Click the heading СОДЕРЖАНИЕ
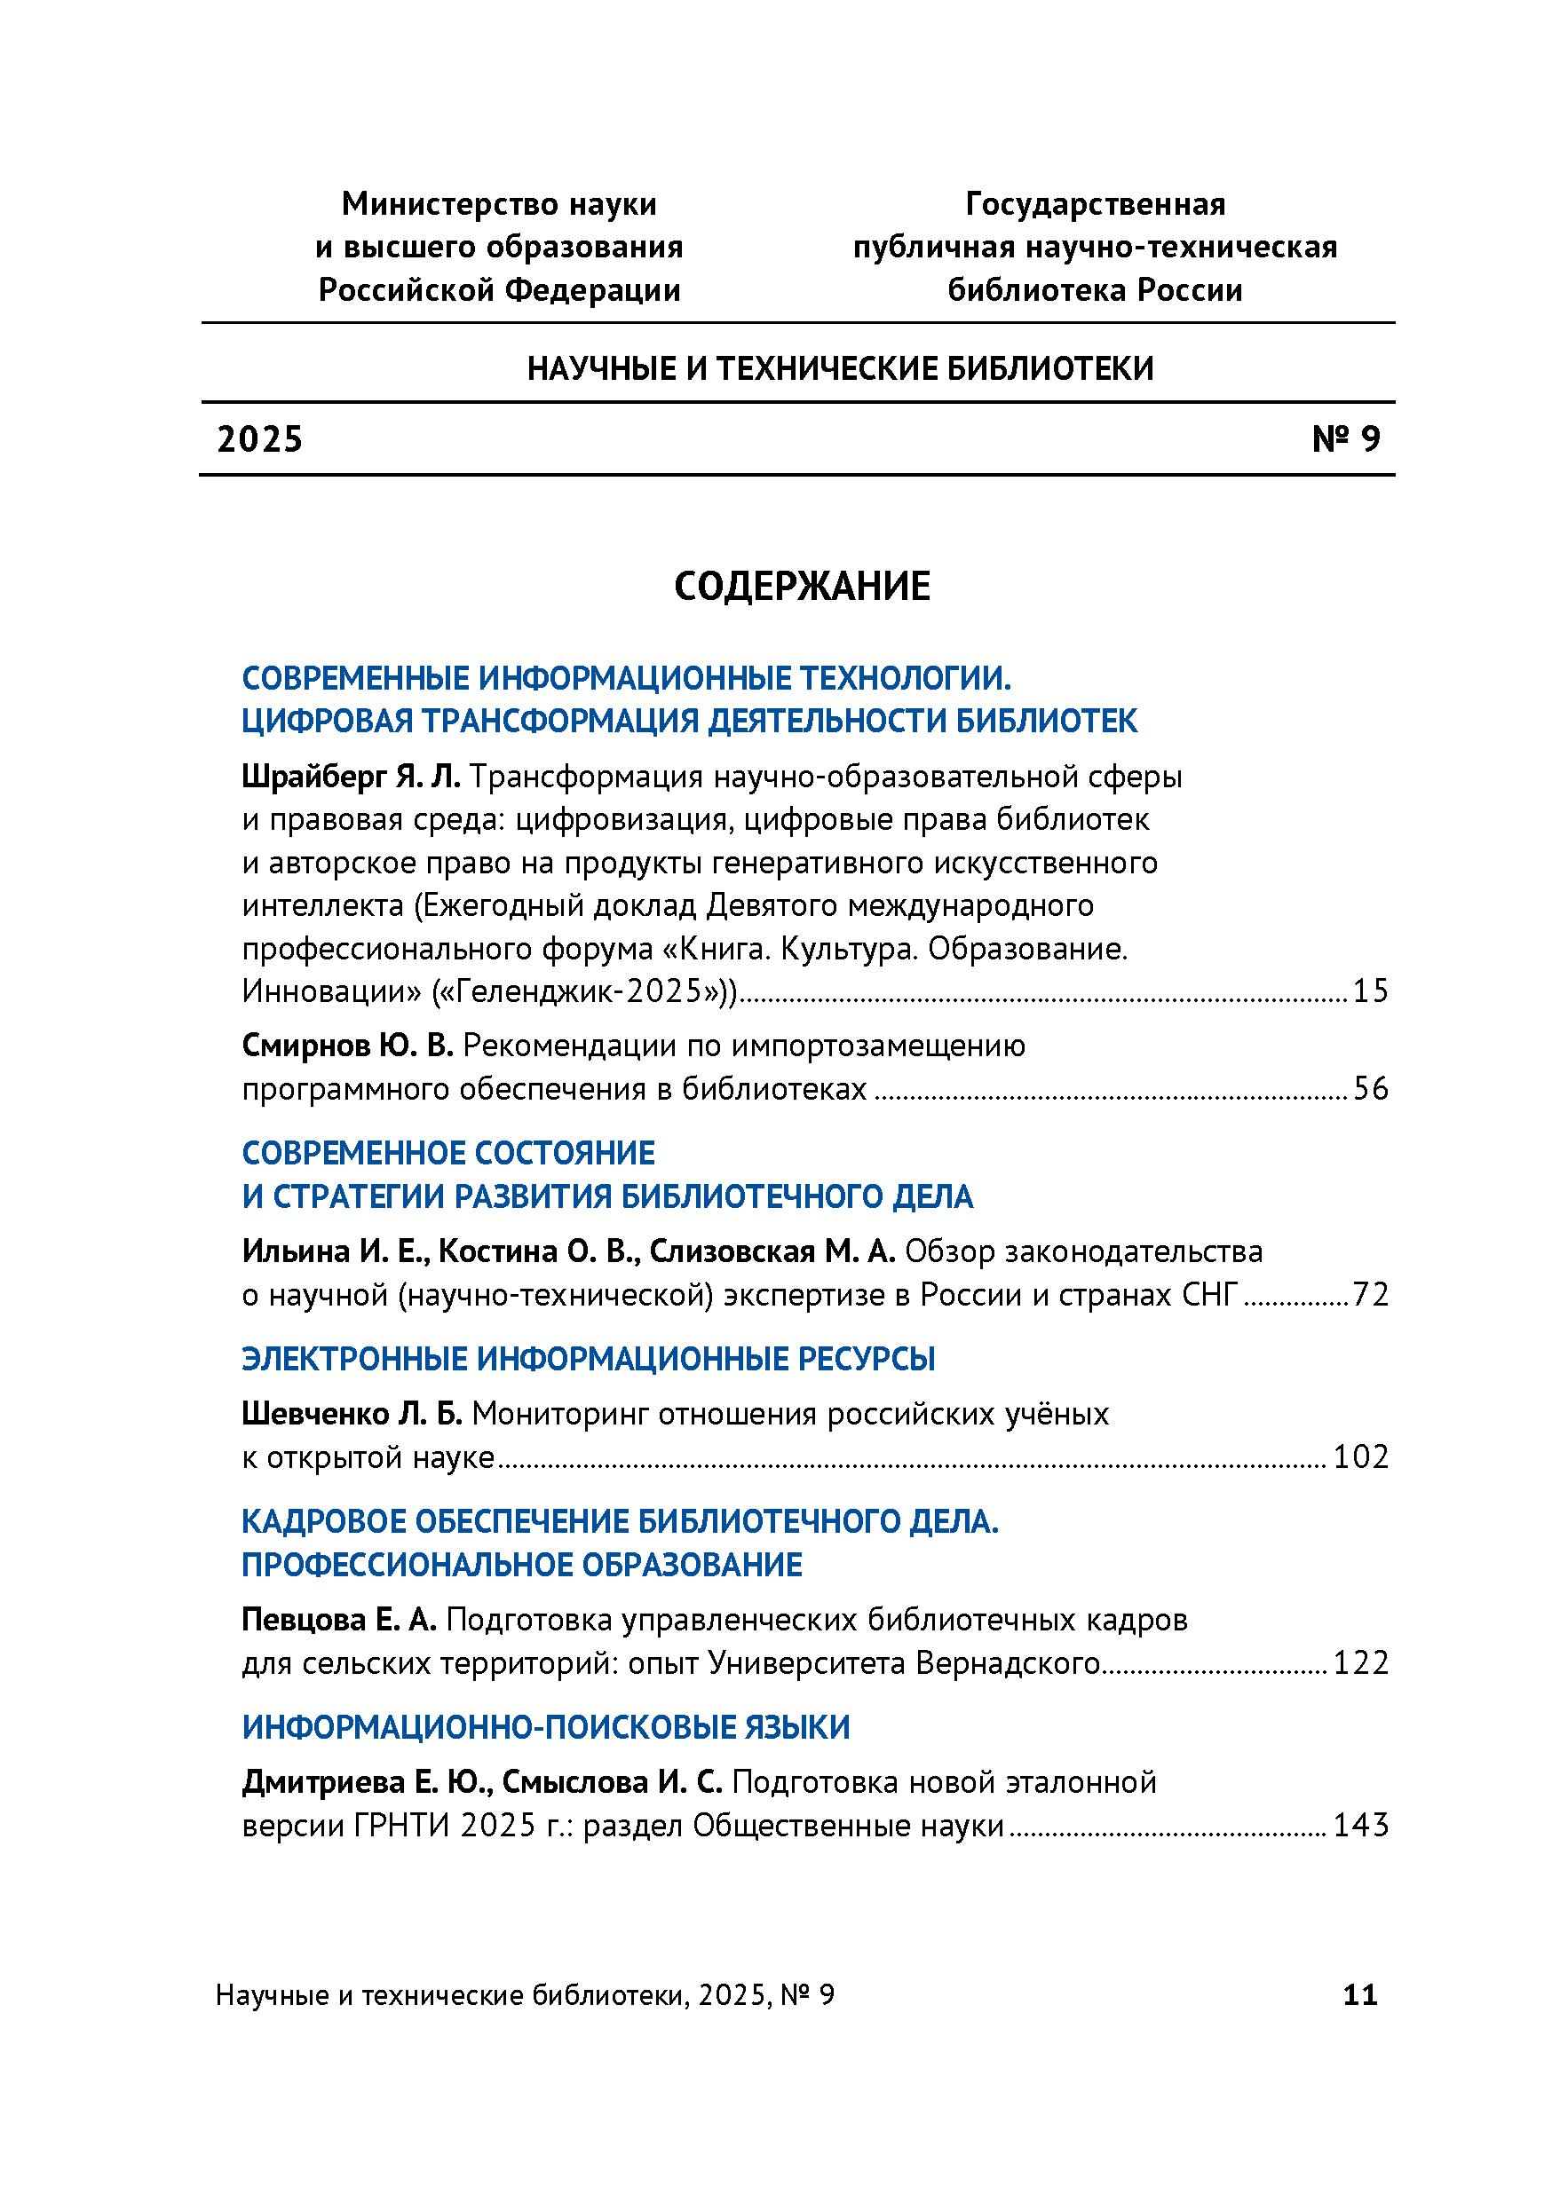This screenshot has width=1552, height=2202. tap(802, 587)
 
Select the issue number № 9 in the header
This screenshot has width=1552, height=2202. tap(1346, 439)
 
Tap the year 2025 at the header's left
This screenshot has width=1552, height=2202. tap(260, 439)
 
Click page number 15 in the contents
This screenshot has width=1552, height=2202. tap(1371, 991)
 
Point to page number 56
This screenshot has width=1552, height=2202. tap(1371, 1090)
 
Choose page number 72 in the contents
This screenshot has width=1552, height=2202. tap(1371, 1296)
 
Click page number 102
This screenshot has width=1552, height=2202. tap(1361, 1457)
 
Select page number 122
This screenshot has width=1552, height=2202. tap(1361, 1663)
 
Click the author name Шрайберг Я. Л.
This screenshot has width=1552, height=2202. tap(352, 777)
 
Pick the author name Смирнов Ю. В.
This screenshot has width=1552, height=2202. tap(347, 1046)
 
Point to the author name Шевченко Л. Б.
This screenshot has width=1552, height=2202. tap(352, 1414)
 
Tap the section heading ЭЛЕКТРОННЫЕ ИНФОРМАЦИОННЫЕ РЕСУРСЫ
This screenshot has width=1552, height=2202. tap(588, 1359)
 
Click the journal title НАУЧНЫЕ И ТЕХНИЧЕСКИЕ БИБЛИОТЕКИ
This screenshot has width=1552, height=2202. tap(840, 368)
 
